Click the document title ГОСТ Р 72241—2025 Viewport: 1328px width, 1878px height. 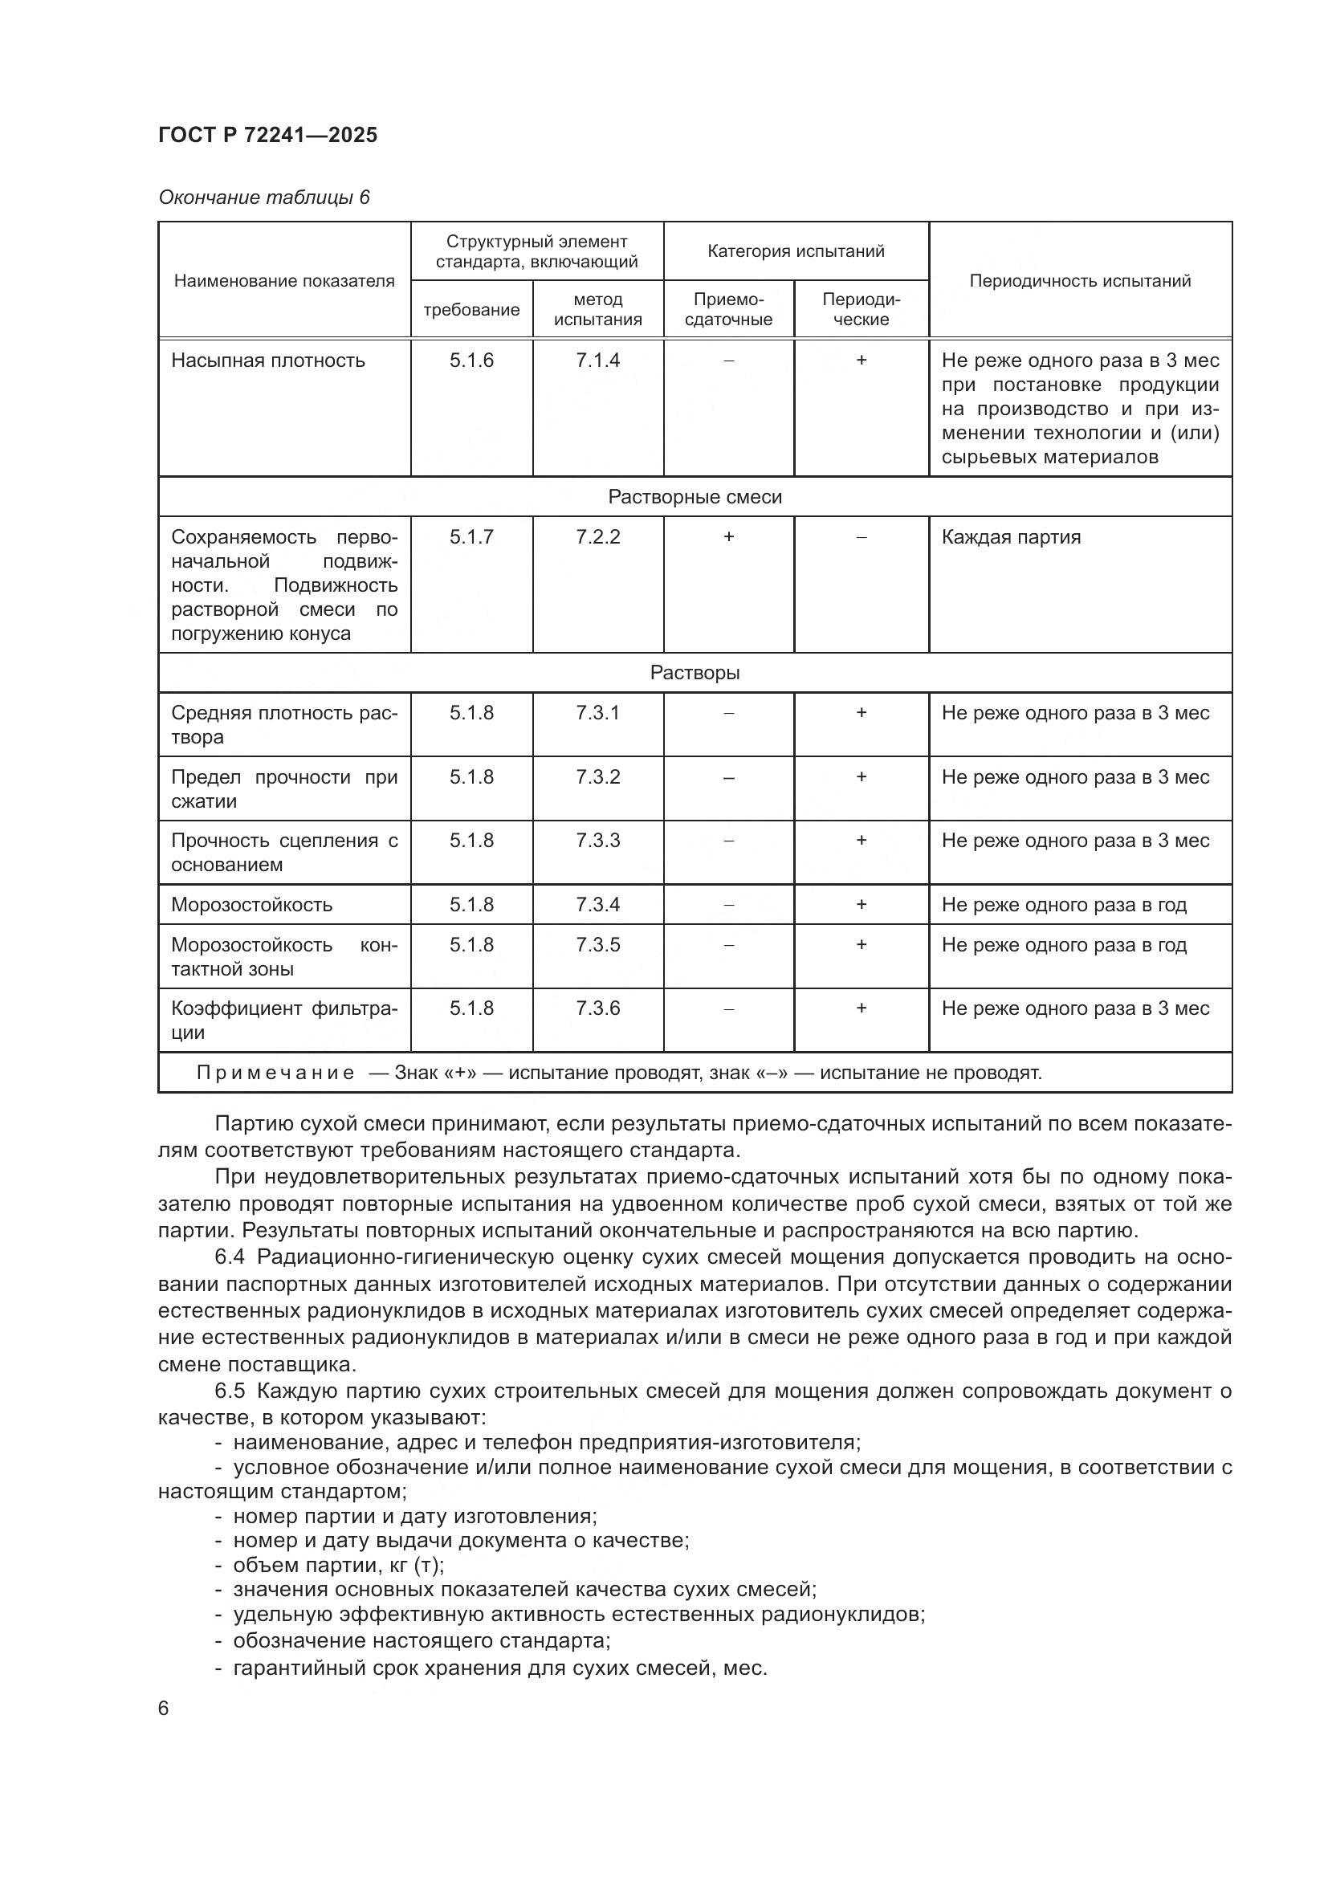(x=267, y=135)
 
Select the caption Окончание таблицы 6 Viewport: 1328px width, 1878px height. (x=264, y=198)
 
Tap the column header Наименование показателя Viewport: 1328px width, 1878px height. (x=283, y=280)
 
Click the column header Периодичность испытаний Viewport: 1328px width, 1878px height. (x=1079, y=280)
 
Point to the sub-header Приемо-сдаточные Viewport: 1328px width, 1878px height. (x=727, y=309)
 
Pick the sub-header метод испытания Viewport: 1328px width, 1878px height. (x=598, y=309)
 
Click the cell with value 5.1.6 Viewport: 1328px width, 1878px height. (x=471, y=361)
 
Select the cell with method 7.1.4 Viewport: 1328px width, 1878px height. (x=598, y=361)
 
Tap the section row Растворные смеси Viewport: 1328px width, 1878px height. (x=695, y=496)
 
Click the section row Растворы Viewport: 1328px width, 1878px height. (x=695, y=672)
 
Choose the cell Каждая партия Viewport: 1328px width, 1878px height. (x=1011, y=537)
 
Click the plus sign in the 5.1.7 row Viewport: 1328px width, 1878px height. (x=727, y=536)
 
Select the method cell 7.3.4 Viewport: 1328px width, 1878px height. (x=598, y=905)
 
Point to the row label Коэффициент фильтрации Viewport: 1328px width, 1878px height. (x=283, y=1020)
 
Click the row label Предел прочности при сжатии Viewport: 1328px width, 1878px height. (x=283, y=788)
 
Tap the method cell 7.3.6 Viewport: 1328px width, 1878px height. (x=598, y=1008)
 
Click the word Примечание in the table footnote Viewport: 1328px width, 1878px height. (x=275, y=1073)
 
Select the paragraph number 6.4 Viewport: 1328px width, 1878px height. (x=230, y=1257)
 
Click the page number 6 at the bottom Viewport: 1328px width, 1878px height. (x=164, y=1708)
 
